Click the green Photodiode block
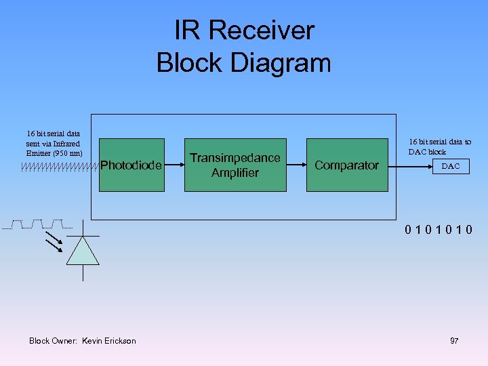click(x=131, y=165)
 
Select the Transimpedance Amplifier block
click(x=235, y=165)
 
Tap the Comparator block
click(x=346, y=165)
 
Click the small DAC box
click(x=451, y=166)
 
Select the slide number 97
click(x=454, y=341)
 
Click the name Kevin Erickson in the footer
click(x=108, y=341)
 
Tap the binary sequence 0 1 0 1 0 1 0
click(x=439, y=230)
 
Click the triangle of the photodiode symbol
click(x=83, y=251)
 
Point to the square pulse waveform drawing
click(x=37, y=224)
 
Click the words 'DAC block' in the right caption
click(x=427, y=152)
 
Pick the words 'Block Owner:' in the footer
click(x=54, y=341)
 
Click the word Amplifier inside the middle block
click(x=235, y=173)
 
